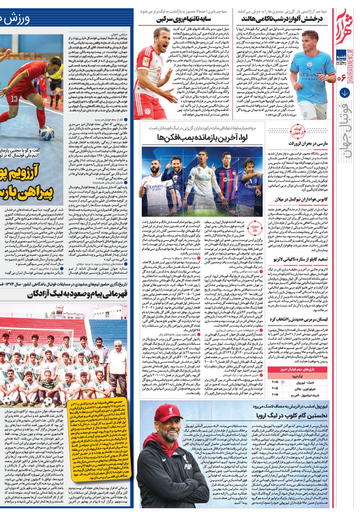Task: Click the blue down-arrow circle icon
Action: (x=345, y=93)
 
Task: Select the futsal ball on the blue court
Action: (x=47, y=133)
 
